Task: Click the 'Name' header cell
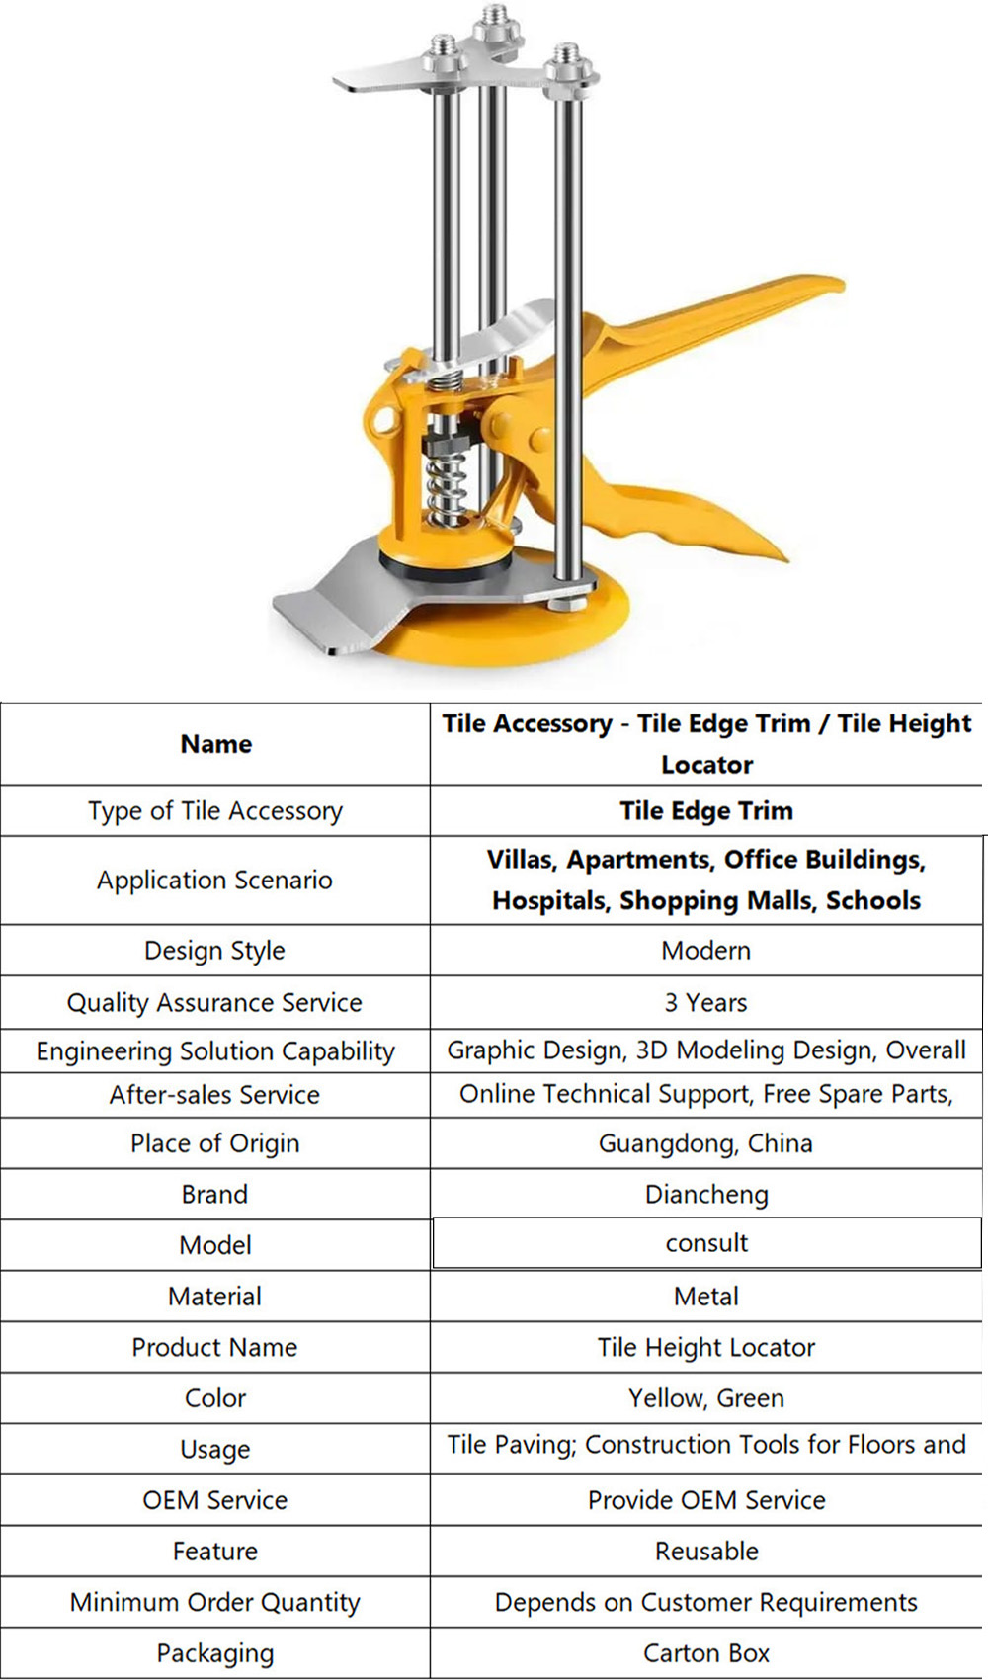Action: pyautogui.click(x=215, y=744)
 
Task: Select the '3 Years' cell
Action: pyautogui.click(x=705, y=1002)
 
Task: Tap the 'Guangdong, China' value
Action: pyautogui.click(x=705, y=1143)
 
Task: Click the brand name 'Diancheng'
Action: pyautogui.click(x=705, y=1194)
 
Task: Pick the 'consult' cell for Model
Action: pyautogui.click(x=705, y=1243)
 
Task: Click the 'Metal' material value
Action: pyautogui.click(x=705, y=1296)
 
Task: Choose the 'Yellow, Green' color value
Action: pyautogui.click(x=705, y=1398)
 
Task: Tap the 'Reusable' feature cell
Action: pyautogui.click(x=705, y=1551)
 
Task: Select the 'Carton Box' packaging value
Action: pyautogui.click(x=705, y=1653)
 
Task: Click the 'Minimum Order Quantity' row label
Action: pyautogui.click(x=215, y=1602)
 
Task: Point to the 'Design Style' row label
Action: pyautogui.click(x=215, y=950)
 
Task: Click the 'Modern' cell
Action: pyautogui.click(x=705, y=950)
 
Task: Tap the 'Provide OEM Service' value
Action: pyautogui.click(x=705, y=1500)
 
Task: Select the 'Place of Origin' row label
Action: pyautogui.click(x=215, y=1143)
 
